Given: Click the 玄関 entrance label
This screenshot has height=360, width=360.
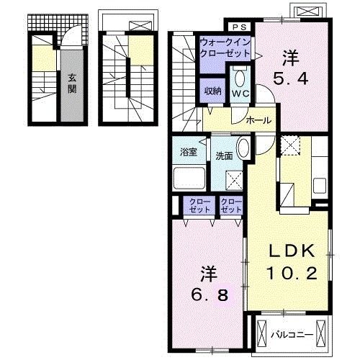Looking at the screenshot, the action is [72, 84].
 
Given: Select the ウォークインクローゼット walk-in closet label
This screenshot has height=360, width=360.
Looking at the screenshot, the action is [225, 48].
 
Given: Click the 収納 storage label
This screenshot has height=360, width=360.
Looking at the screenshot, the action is [212, 91].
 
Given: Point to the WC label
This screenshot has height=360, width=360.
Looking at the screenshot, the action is [240, 94].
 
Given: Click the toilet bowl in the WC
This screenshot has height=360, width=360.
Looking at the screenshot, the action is [240, 77].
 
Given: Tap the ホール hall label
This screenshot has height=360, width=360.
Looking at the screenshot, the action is [258, 120].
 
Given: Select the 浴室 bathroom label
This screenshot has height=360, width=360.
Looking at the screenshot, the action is [189, 152].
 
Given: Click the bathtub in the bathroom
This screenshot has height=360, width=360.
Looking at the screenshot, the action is [189, 178].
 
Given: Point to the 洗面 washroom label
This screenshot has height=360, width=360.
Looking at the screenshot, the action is [224, 156].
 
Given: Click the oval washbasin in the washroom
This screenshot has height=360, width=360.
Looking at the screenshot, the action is [243, 149].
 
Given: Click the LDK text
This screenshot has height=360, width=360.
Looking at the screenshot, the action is [292, 251].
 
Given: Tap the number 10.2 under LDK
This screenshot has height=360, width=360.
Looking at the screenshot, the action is [292, 274].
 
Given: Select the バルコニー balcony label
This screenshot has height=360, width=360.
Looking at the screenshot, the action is [292, 335].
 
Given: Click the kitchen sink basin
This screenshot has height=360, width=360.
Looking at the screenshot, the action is [320, 186].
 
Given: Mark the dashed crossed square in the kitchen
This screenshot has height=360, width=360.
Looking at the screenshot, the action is [290, 145].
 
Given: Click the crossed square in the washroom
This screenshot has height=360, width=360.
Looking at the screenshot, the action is [235, 180].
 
